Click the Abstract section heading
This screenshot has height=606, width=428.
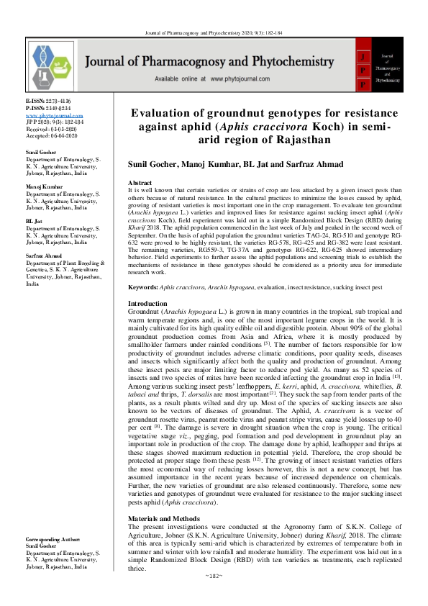(140, 184)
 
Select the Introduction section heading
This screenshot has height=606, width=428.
(147, 324)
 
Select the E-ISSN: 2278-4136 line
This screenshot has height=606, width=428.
(48, 102)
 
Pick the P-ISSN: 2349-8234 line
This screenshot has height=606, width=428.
(48, 109)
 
